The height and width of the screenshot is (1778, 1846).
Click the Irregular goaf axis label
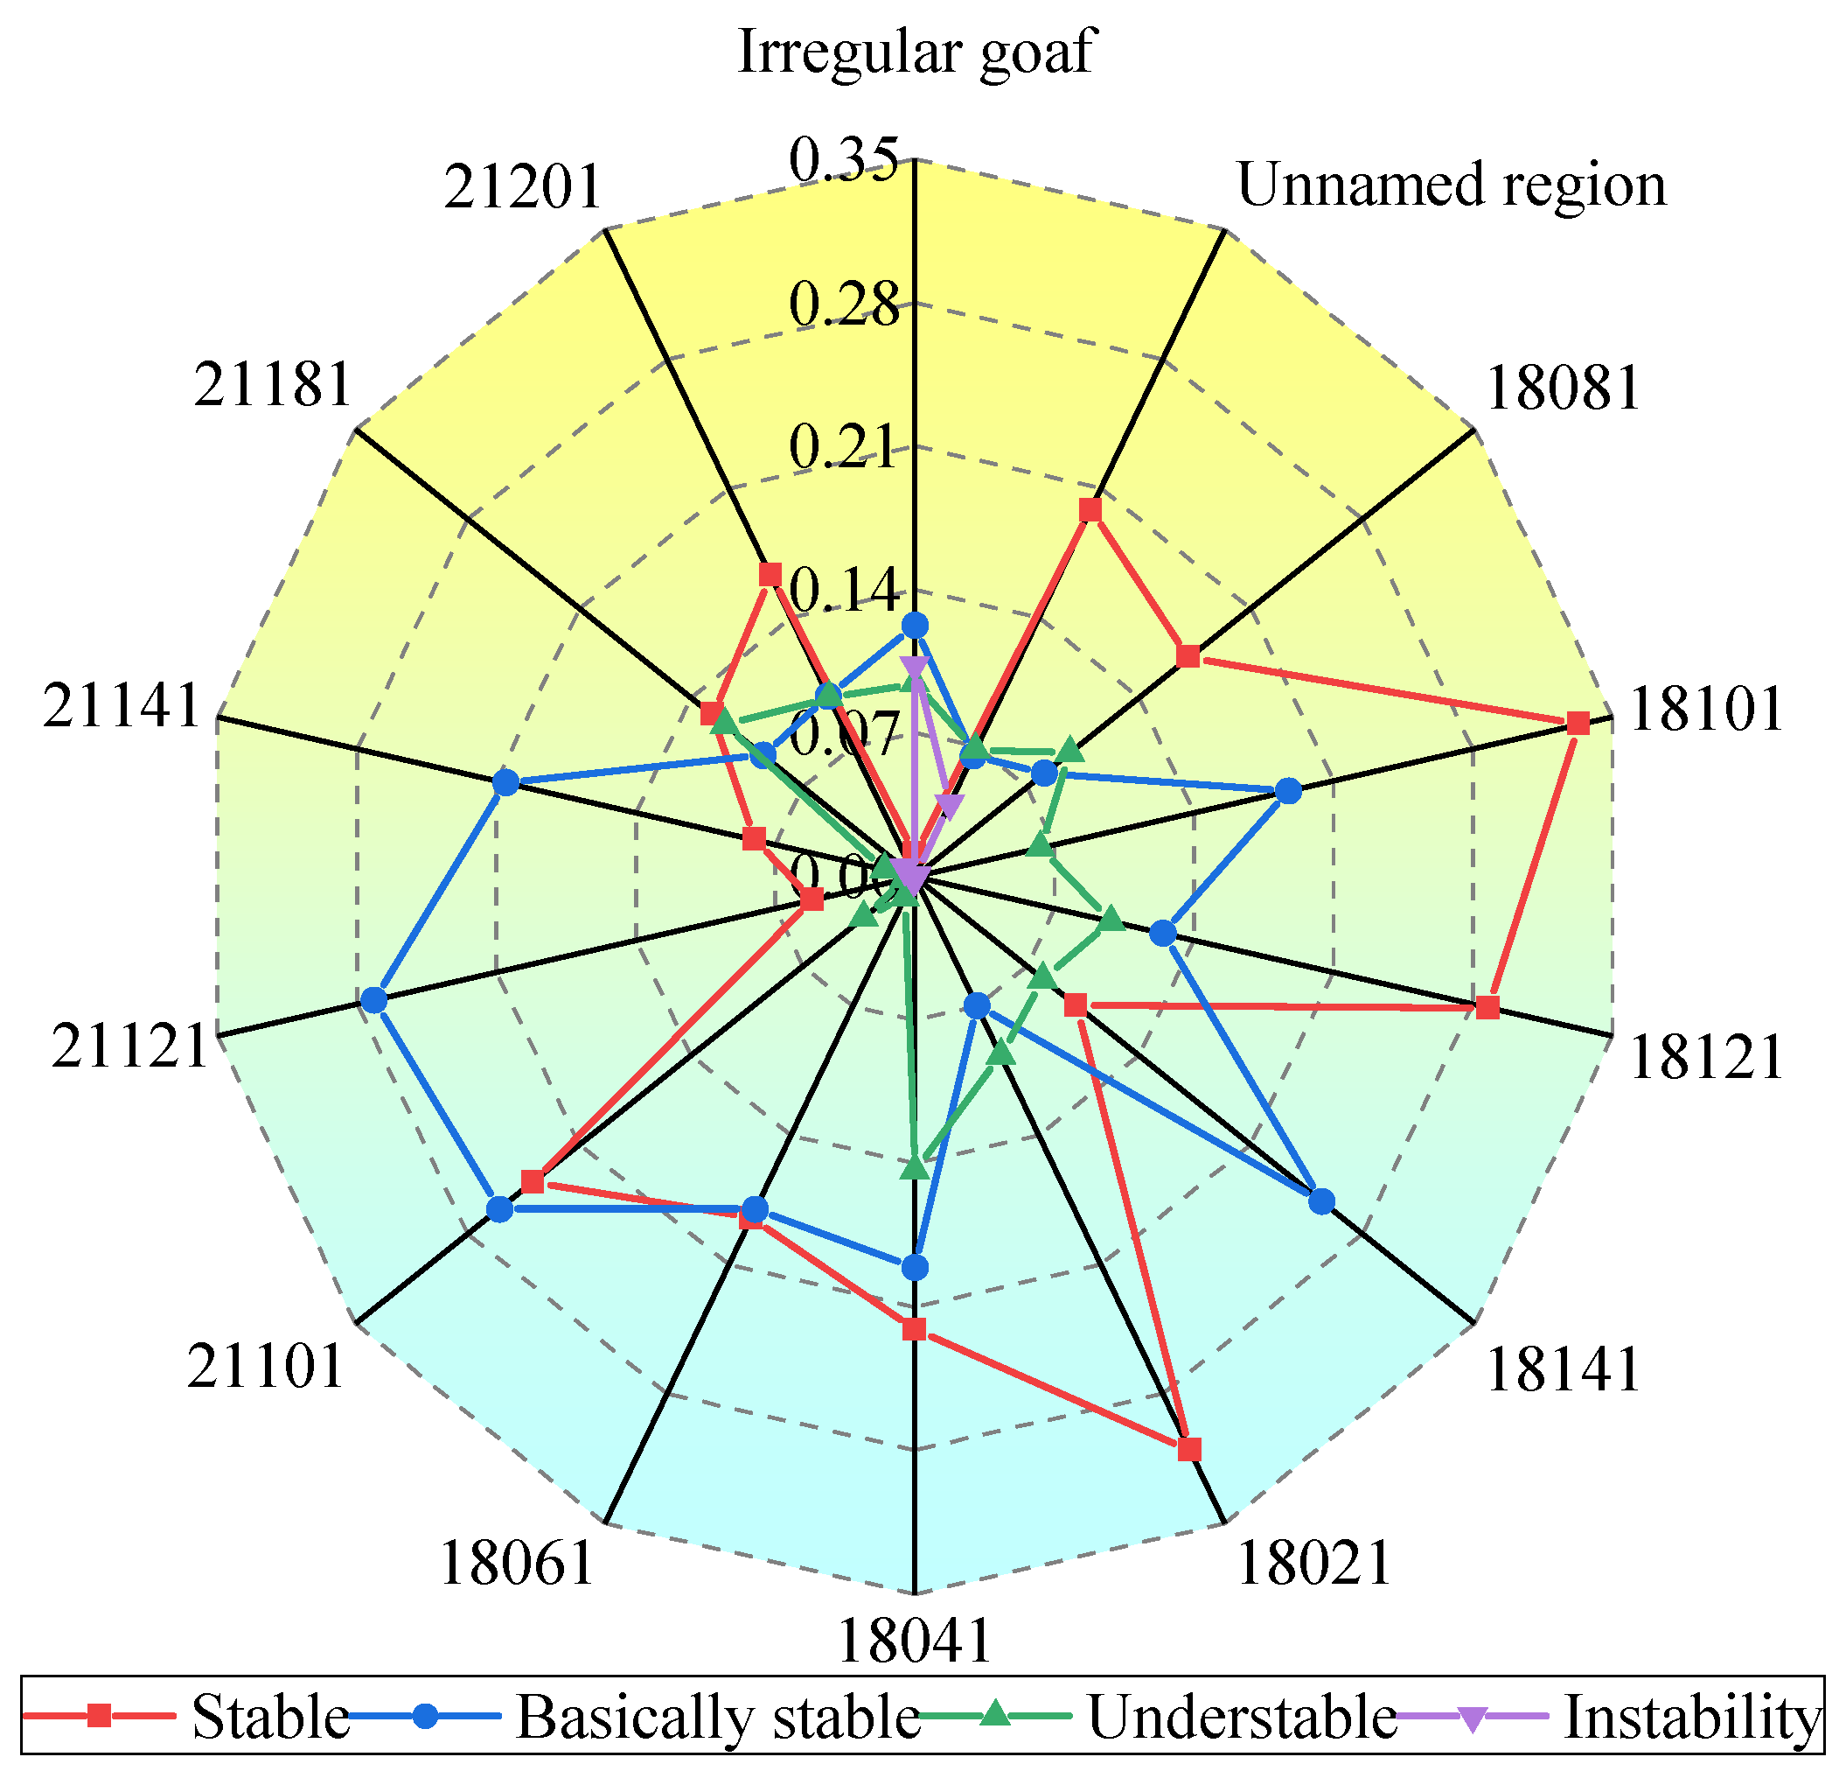click(x=915, y=51)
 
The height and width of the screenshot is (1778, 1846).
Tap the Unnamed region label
click(x=1451, y=184)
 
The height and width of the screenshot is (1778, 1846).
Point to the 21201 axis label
click(x=522, y=186)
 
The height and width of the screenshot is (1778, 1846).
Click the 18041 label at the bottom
click(x=915, y=1641)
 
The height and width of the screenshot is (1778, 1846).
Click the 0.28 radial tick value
click(x=844, y=304)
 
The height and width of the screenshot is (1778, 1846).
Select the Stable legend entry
click(x=268, y=1717)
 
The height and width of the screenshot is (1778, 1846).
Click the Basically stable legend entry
click(x=717, y=1717)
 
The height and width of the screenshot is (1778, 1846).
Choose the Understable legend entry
click(x=1242, y=1717)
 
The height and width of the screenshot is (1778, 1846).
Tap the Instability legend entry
click(x=1691, y=1717)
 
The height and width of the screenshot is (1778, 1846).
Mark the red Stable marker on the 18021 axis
click(x=1189, y=1449)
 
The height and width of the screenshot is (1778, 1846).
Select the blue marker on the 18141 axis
click(x=1321, y=1201)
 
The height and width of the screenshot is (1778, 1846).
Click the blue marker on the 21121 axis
click(x=374, y=1000)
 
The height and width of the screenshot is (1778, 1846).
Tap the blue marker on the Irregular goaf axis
click(x=915, y=625)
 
